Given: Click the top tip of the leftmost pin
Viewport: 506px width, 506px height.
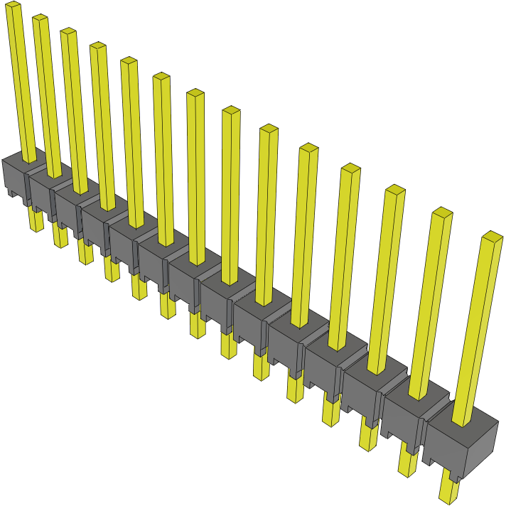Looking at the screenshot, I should pos(14,4).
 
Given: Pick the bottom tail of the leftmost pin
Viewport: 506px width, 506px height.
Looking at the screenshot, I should pos(36,220).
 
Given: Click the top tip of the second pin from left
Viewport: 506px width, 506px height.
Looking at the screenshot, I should pos(40,18).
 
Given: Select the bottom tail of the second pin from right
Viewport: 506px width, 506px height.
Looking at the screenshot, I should pos(408,462).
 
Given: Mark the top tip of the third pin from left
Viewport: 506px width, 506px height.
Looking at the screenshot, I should pos(68,31).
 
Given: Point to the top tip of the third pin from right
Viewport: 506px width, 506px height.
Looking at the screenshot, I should pos(395,190).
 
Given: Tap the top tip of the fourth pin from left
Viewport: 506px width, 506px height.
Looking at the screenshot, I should pos(97,46).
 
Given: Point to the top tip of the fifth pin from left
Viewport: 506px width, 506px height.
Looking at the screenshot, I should pos(129,60).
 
